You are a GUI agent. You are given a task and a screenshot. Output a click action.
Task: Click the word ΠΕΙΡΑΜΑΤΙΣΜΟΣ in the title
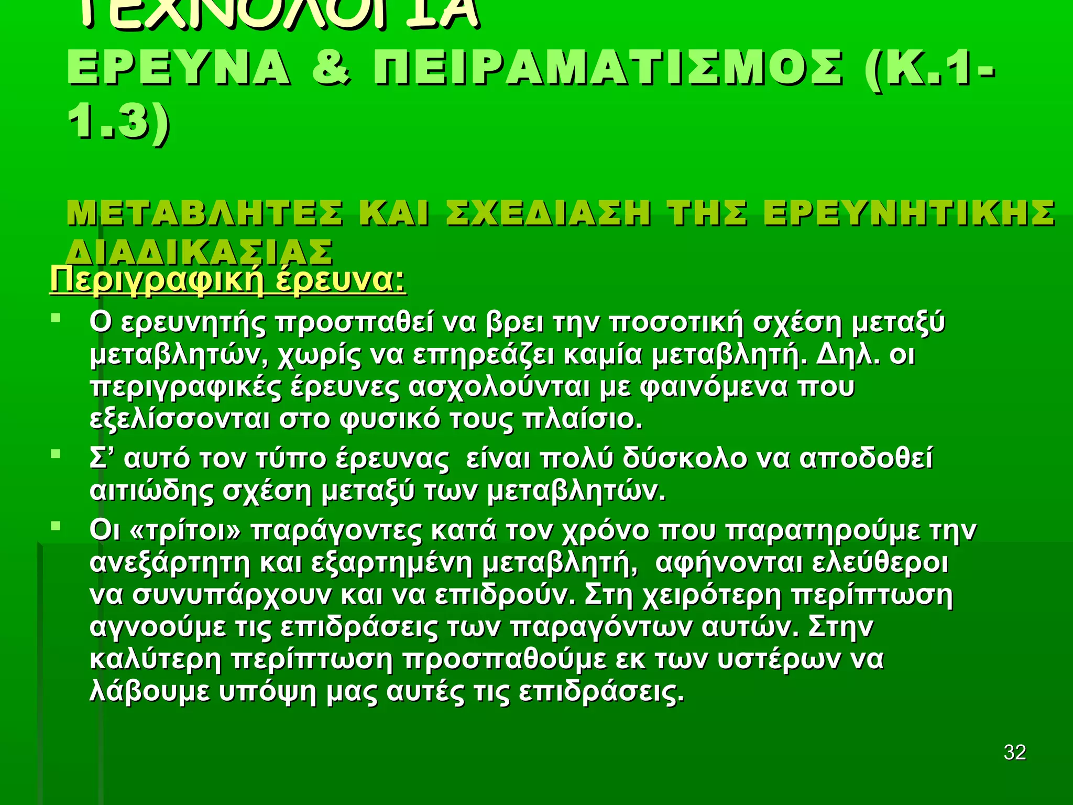[608, 69]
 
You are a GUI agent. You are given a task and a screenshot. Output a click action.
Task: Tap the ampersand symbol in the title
[331, 69]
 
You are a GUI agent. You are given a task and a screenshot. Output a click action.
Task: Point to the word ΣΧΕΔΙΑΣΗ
[548, 213]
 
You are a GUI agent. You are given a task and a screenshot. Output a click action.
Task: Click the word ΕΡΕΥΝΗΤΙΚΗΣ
[909, 213]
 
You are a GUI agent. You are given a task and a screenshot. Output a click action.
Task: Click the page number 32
[1015, 752]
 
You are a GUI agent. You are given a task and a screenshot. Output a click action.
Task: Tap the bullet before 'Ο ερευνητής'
[56, 318]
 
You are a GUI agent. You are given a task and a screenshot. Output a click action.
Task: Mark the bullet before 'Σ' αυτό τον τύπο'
[56, 454]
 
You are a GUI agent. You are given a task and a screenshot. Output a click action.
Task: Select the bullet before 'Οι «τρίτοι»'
[56, 526]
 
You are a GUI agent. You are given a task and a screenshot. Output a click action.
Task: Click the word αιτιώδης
[151, 491]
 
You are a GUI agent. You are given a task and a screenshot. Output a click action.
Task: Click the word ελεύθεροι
[880, 563]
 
